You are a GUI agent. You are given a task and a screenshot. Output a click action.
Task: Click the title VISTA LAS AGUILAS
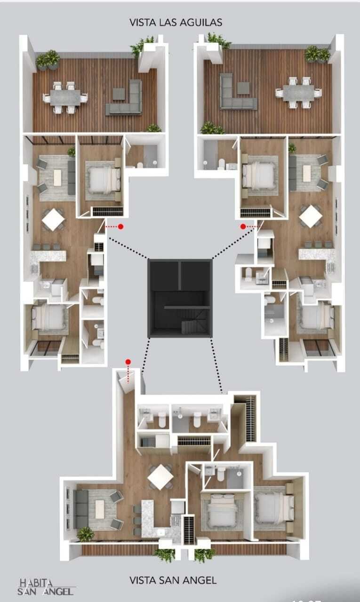click(176, 22)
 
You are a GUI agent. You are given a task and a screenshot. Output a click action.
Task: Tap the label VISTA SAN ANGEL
click(173, 580)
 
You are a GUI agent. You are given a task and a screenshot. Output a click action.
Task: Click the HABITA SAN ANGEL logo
click(46, 587)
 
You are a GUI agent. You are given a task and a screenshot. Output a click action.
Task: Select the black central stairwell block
click(180, 298)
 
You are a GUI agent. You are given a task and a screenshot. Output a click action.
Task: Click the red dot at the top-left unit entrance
click(121, 227)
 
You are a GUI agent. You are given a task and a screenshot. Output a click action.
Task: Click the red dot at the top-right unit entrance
click(243, 227)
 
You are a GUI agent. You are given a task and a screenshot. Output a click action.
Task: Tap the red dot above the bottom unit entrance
click(128, 362)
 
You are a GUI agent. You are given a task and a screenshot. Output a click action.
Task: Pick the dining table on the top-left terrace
click(65, 97)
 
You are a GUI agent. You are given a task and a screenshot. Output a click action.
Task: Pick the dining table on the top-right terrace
click(298, 93)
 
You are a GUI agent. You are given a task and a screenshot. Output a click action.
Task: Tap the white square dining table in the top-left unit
click(53, 220)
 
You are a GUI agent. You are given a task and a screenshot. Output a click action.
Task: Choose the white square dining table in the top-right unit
click(311, 216)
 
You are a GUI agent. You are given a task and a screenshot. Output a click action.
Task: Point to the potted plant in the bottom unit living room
click(86, 533)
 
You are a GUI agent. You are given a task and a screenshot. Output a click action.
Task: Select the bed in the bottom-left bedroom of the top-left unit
click(49, 318)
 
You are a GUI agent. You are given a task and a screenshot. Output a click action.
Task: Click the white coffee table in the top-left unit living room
click(57, 178)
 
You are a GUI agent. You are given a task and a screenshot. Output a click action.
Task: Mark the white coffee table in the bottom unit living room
click(100, 509)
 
